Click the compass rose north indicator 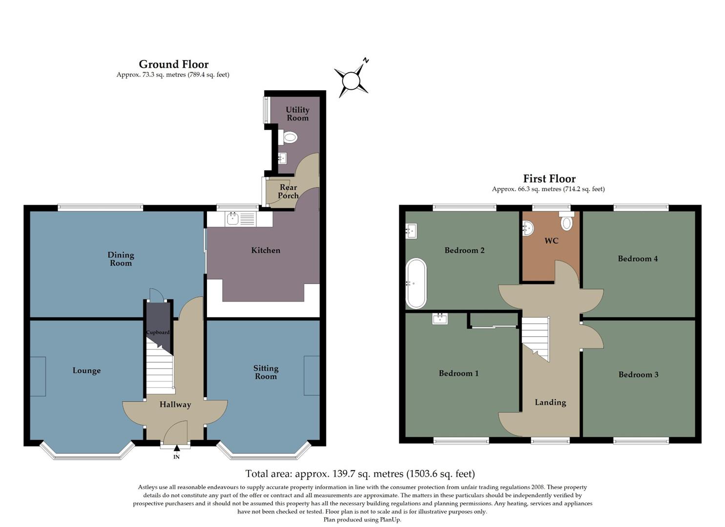click(365, 61)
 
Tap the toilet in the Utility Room click(290, 138)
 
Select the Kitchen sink click(233, 219)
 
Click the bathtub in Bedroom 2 click(416, 283)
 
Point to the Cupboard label click(158, 332)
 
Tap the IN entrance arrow click(176, 449)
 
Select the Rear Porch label click(288, 191)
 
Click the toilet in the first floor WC click(566, 222)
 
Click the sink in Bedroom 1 click(439, 319)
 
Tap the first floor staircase click(536, 337)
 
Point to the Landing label click(550, 403)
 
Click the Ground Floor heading click(173, 64)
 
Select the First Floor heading click(549, 179)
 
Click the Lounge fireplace click(38, 376)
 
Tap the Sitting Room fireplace click(312, 375)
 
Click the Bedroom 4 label click(638, 259)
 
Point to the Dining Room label click(121, 259)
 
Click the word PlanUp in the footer click(390, 520)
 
